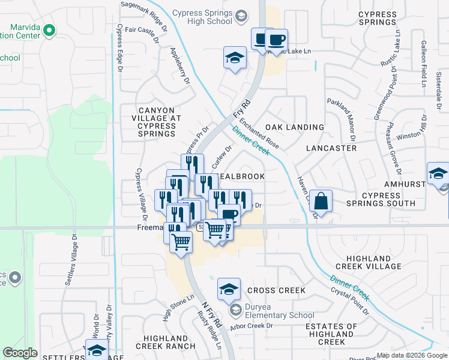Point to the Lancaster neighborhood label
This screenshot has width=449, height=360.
pyautogui.click(x=331, y=148)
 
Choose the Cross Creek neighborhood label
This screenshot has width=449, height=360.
pyautogui.click(x=276, y=290)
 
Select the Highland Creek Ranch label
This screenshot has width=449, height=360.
pyautogui.click(x=166, y=342)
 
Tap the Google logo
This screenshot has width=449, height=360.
pyautogui.click(x=20, y=353)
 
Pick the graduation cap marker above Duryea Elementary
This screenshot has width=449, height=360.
pyautogui.click(x=229, y=289)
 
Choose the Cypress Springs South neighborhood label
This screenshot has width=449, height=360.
pyautogui.click(x=380, y=199)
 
